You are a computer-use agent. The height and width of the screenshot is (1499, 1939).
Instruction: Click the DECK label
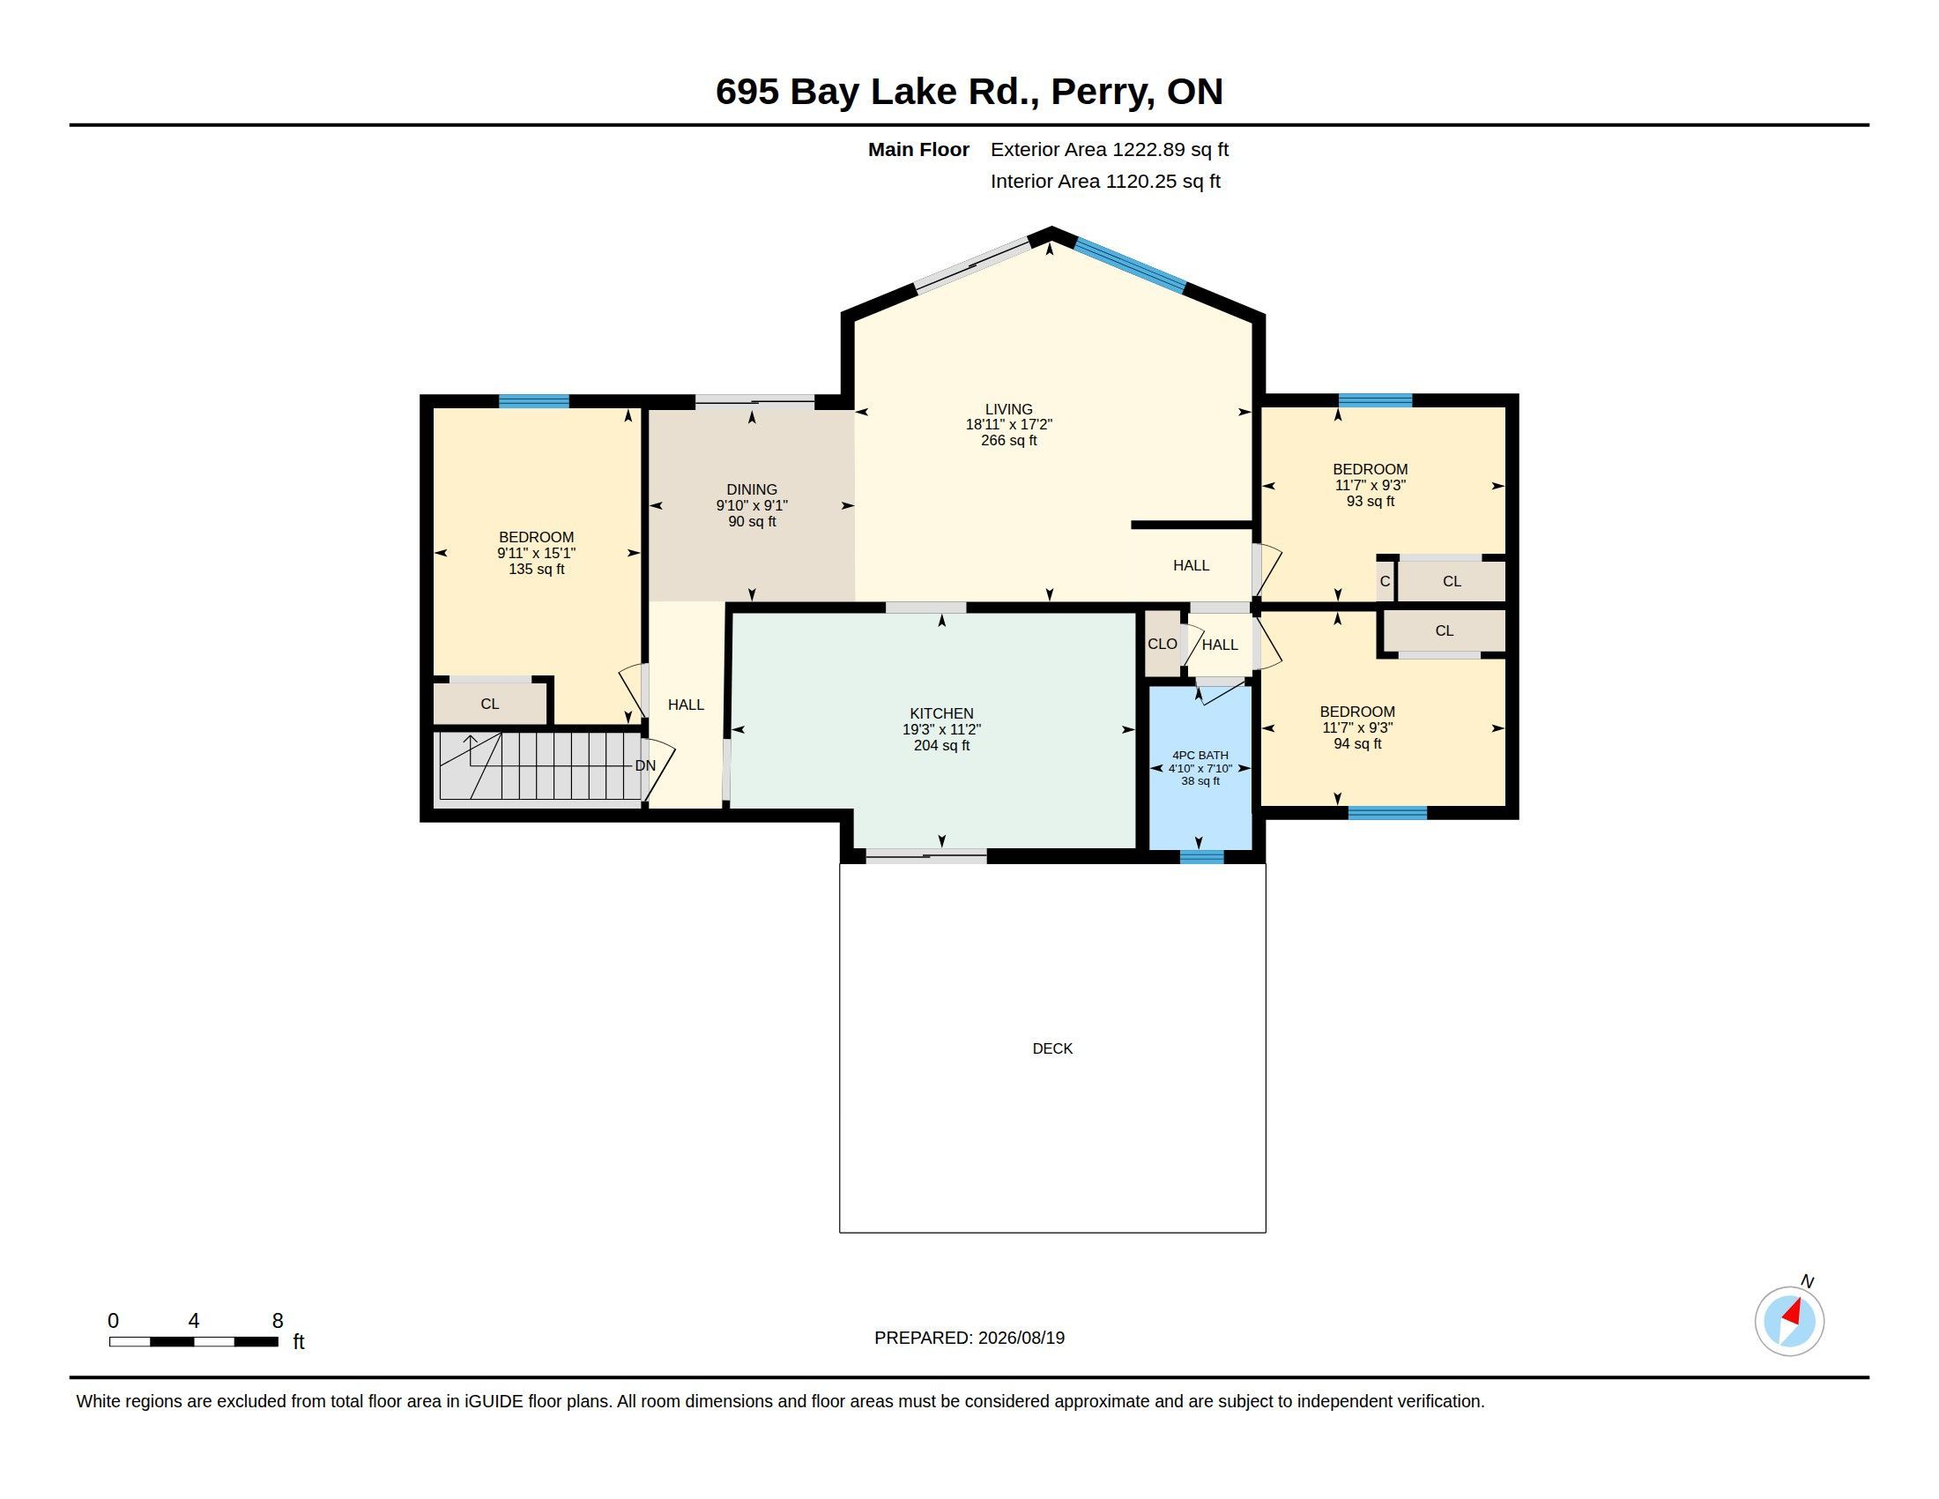[x=1052, y=1048]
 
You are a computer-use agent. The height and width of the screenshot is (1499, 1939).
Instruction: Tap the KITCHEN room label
[x=941, y=713]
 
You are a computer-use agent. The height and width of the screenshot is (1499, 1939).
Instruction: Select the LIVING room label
[x=1008, y=409]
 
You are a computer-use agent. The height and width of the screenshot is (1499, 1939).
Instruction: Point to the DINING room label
[x=751, y=489]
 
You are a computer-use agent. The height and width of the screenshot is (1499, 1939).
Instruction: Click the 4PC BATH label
[x=1200, y=755]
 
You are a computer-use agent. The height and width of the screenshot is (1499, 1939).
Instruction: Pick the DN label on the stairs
[x=645, y=765]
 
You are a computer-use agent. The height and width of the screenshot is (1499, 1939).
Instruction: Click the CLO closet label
[x=1163, y=644]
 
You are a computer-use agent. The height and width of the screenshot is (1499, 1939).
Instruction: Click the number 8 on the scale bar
[x=278, y=1321]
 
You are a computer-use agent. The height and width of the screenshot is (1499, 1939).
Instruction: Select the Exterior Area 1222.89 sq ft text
[x=1109, y=149]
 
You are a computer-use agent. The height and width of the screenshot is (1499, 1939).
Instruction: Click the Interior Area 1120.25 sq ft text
[x=1105, y=181]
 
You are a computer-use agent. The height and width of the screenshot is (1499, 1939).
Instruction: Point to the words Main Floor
[x=918, y=149]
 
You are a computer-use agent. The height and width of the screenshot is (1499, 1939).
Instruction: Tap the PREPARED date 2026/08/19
[x=1021, y=1338]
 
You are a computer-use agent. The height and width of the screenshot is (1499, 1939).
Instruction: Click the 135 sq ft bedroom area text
[x=536, y=570]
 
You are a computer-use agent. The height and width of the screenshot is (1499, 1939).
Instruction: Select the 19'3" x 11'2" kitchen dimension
[x=941, y=729]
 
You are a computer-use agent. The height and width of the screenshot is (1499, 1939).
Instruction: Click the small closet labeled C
[x=1385, y=582]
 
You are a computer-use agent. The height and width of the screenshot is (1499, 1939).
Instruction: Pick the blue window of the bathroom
[x=1201, y=857]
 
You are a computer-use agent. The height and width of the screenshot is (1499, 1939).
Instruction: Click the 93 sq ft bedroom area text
[x=1370, y=501]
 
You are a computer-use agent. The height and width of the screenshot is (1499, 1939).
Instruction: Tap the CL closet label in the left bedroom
[x=489, y=705]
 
